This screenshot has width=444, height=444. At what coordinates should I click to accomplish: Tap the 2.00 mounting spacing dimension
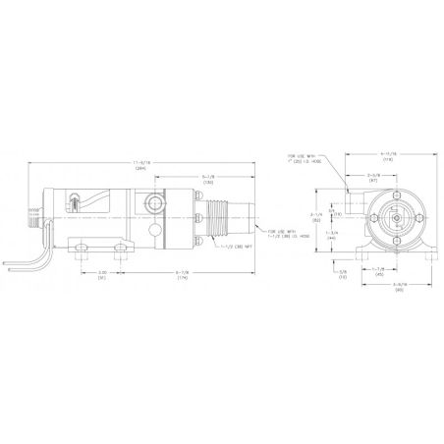pyautogui.click(x=101, y=274)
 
